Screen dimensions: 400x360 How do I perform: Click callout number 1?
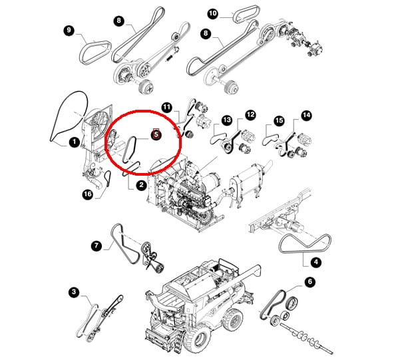click(x=75, y=142)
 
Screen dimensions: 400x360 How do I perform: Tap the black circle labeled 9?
click(x=69, y=31)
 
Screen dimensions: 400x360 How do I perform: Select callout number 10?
click(x=213, y=13)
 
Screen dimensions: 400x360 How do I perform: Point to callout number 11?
click(x=167, y=107)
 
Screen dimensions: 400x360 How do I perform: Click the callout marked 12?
click(x=250, y=115)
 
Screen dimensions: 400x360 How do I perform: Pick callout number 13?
click(x=226, y=120)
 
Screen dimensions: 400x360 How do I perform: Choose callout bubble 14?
click(x=306, y=115)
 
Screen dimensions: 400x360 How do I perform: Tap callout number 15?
click(x=279, y=120)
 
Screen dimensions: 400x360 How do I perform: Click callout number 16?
click(x=87, y=194)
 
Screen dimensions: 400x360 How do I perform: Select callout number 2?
click(x=141, y=185)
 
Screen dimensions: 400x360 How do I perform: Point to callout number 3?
click(x=74, y=291)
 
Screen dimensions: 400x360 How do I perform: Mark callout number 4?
click(x=316, y=262)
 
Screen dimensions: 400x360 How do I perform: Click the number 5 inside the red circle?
click(x=156, y=134)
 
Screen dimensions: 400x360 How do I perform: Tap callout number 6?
click(x=310, y=281)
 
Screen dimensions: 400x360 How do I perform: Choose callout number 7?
click(x=97, y=246)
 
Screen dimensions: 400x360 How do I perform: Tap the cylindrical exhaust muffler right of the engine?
click(x=244, y=183)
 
